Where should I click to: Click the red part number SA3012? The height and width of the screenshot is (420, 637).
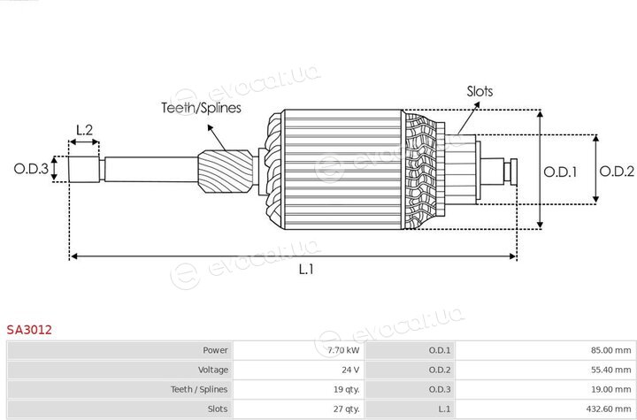(29, 330)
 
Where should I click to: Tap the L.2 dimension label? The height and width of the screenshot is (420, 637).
(85, 130)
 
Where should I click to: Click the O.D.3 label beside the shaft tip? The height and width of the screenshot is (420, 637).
(31, 169)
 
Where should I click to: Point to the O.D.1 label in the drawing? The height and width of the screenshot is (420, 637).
(560, 172)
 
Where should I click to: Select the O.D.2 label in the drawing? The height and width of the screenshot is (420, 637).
(617, 172)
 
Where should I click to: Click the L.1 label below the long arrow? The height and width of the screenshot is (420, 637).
(306, 270)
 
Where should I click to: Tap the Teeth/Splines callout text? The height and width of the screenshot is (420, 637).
(202, 108)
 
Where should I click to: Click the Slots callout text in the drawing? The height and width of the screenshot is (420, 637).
(480, 91)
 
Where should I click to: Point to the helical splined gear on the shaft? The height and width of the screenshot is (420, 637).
(226, 172)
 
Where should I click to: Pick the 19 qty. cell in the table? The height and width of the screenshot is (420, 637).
(346, 389)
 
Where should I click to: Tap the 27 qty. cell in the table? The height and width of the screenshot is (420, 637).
(346, 409)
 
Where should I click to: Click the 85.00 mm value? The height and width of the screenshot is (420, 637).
(611, 350)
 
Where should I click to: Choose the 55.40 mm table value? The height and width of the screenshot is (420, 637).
(611, 370)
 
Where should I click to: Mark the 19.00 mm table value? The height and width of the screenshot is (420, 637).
(611, 389)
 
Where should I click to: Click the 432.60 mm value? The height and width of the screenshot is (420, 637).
(609, 409)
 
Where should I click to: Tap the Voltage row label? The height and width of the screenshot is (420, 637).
(213, 370)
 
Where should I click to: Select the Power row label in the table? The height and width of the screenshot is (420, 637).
(215, 350)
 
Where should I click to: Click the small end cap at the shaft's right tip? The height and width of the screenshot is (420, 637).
(513, 172)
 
